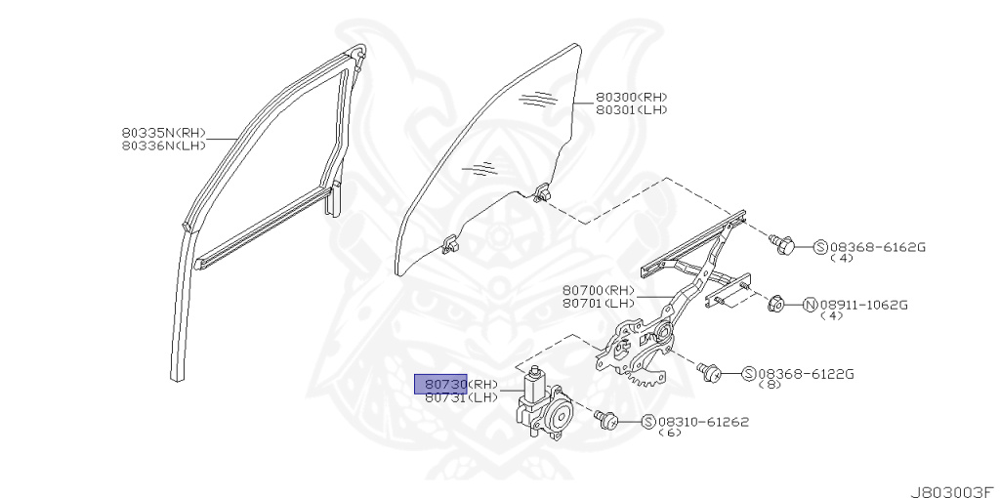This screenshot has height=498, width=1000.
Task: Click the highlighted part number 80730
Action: click(x=441, y=384)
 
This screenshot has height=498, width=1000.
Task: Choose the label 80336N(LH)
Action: click(x=164, y=145)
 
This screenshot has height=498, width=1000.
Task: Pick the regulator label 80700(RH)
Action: click(x=598, y=290)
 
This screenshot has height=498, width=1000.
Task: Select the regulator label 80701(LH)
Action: click(x=598, y=303)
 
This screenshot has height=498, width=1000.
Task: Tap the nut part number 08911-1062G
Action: click(x=864, y=305)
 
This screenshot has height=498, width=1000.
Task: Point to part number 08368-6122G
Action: click(x=806, y=373)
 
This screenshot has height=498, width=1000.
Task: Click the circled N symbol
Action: click(x=810, y=305)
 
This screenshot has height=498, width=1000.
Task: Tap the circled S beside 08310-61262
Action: click(x=647, y=422)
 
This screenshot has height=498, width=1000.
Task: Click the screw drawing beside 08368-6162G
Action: click(x=781, y=243)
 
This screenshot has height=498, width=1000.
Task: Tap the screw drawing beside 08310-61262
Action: click(x=604, y=418)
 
